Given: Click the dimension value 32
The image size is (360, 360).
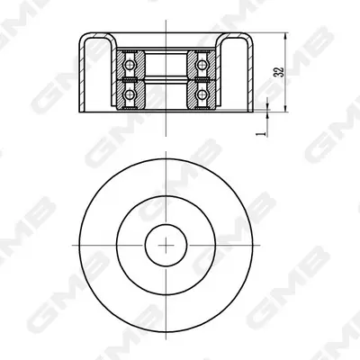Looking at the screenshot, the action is tap(279, 72).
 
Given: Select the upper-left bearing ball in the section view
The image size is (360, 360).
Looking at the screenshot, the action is tap(130, 64).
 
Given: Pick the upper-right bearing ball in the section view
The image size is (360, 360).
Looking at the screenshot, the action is tap(202, 64).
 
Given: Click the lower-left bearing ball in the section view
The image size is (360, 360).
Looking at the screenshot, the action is tap(130, 94).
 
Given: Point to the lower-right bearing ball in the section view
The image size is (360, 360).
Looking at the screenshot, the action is tap(202, 94).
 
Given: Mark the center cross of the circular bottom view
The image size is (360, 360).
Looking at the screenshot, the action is tap(166, 246).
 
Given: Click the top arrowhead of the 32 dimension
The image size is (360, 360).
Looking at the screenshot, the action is tap(285, 37).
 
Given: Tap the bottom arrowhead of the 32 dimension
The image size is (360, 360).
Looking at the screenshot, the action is tap(285, 108).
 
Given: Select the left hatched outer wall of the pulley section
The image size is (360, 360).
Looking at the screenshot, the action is tap(81, 72).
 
